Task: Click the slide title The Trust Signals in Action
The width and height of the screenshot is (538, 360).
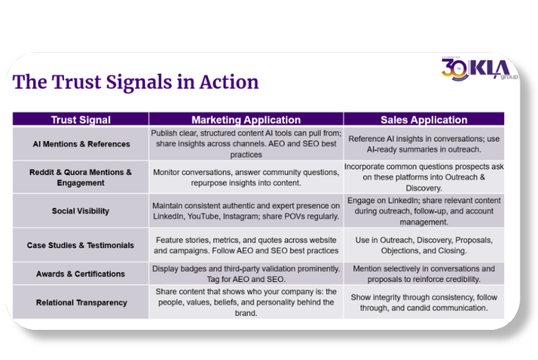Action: pyautogui.click(x=136, y=82)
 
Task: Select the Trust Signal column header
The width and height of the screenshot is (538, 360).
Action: pyautogui.click(x=81, y=119)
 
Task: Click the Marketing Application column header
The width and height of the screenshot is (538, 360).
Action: pyautogui.click(x=246, y=119)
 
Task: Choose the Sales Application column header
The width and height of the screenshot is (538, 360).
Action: pyautogui.click(x=424, y=119)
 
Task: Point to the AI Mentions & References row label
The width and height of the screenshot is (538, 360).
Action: pyautogui.click(x=81, y=144)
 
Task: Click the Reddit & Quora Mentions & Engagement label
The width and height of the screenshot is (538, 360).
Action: pyautogui.click(x=81, y=178)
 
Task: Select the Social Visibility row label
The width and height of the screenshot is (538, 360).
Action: pyautogui.click(x=81, y=211)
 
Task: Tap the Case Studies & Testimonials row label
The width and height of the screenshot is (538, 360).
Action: pyautogui.click(x=81, y=245)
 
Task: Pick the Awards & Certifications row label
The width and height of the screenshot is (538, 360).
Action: pyautogui.click(x=81, y=274)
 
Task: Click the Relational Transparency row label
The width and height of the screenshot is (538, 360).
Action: pyautogui.click(x=81, y=302)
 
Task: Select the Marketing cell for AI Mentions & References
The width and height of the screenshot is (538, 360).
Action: pyautogui.click(x=246, y=144)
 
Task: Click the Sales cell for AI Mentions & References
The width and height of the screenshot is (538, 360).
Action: pyautogui.click(x=424, y=144)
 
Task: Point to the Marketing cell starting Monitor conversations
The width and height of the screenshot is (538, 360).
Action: pyautogui.click(x=246, y=178)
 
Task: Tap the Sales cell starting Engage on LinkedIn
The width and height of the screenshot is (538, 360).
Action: pyautogui.click(x=424, y=211)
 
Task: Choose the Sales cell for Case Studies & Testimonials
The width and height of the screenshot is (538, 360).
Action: pyautogui.click(x=424, y=245)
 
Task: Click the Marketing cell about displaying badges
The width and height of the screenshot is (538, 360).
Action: pyautogui.click(x=246, y=274)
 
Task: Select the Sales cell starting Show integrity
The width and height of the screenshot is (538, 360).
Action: pyautogui.click(x=424, y=302)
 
